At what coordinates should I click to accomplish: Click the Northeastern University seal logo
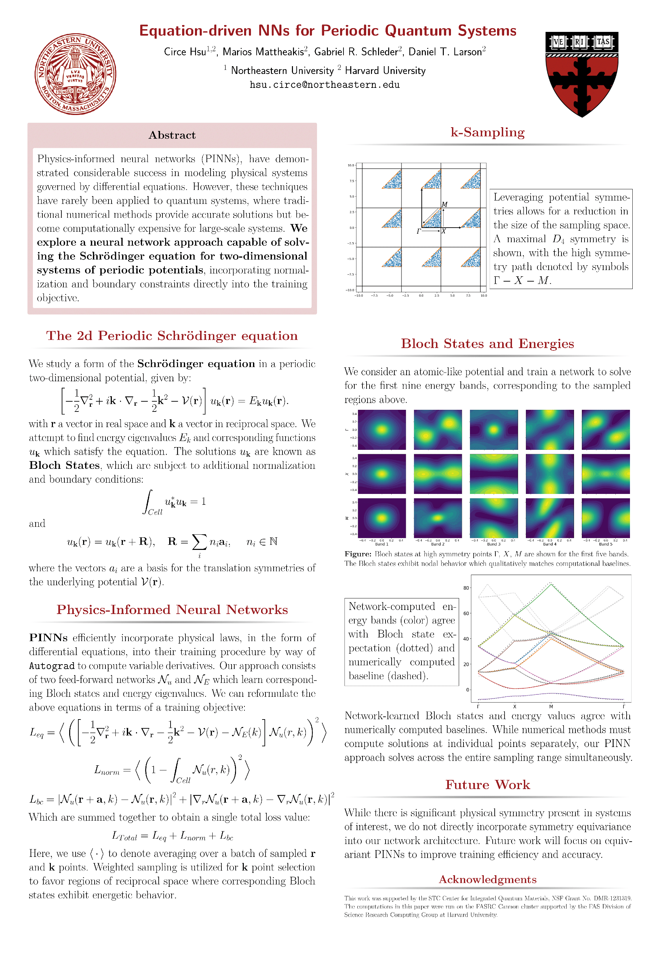[x=75, y=74]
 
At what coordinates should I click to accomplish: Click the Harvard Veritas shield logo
[x=582, y=74]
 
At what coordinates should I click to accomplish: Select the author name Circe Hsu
[x=185, y=52]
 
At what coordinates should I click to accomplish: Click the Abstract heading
[x=172, y=135]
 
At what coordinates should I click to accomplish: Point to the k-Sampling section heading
[x=488, y=132]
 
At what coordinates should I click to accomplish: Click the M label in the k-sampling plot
[x=445, y=204]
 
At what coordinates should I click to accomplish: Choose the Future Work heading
[x=488, y=785]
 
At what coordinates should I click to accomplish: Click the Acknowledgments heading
[x=488, y=879]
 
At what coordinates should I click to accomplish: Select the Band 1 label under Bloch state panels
[x=381, y=544]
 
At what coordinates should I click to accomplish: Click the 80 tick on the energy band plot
[x=466, y=588]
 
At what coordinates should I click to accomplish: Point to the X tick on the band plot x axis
[x=514, y=707]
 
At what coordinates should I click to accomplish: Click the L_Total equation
[x=172, y=836]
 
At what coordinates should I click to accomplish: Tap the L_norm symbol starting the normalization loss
[x=107, y=770]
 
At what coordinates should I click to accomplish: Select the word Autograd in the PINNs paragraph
[x=52, y=666]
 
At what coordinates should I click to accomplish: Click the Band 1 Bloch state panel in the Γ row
[x=381, y=429]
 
